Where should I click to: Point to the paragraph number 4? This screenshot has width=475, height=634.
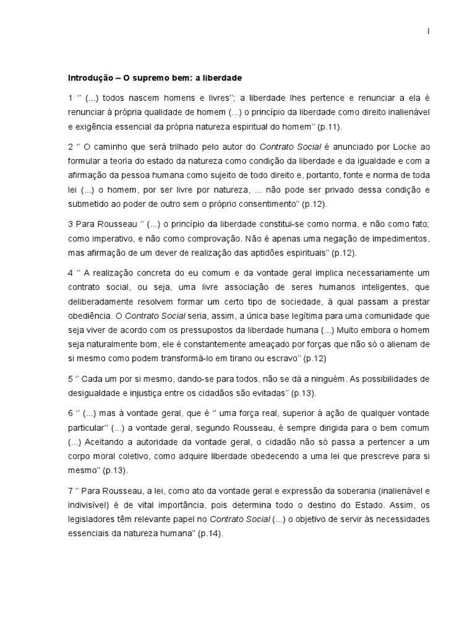pos(71,272)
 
